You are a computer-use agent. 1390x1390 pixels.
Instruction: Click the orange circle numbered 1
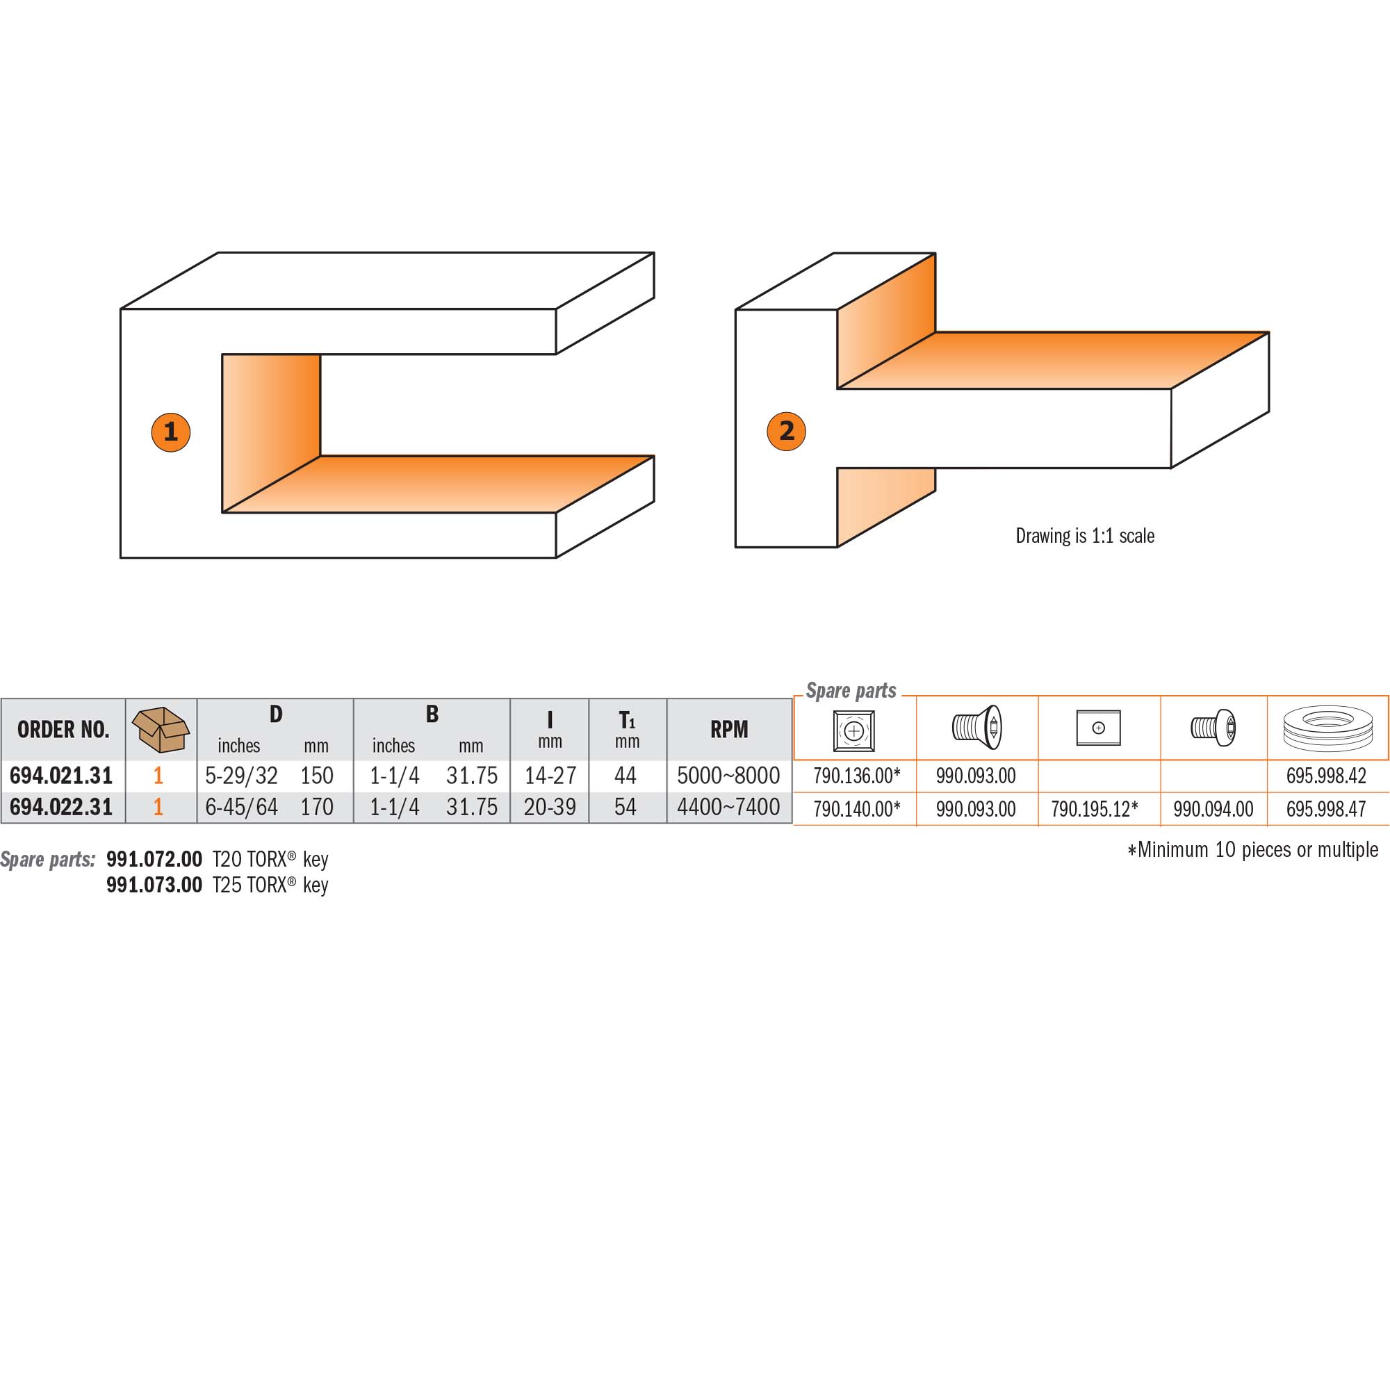tap(170, 432)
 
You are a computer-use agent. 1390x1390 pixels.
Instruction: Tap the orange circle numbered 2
tap(786, 431)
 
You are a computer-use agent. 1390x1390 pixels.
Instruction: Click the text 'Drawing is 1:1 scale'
tap(1085, 535)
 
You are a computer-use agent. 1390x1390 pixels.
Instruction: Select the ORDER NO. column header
tap(63, 730)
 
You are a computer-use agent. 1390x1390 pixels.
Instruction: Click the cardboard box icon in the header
tap(161, 729)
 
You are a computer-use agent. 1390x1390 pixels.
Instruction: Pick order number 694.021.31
tap(61, 776)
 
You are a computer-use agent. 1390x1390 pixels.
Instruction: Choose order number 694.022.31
tap(61, 807)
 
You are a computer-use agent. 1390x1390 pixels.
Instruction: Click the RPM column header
tap(729, 730)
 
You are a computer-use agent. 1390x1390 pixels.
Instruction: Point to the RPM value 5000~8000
tap(728, 776)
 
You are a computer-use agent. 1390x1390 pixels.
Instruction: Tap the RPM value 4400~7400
tap(728, 807)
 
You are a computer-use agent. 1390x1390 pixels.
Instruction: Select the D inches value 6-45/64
tap(241, 807)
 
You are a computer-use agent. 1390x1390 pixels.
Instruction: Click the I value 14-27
tap(550, 776)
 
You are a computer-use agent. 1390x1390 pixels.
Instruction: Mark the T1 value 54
tap(625, 807)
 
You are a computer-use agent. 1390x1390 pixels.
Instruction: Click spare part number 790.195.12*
tap(1095, 810)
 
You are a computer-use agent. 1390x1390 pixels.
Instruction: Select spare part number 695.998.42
tap(1326, 776)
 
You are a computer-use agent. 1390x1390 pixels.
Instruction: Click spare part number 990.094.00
tap(1213, 810)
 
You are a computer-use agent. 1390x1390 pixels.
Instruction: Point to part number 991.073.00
tap(154, 885)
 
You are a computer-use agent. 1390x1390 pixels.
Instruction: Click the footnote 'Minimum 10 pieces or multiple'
tap(1252, 850)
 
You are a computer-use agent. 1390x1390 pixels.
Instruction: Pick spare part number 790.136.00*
tap(857, 776)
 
